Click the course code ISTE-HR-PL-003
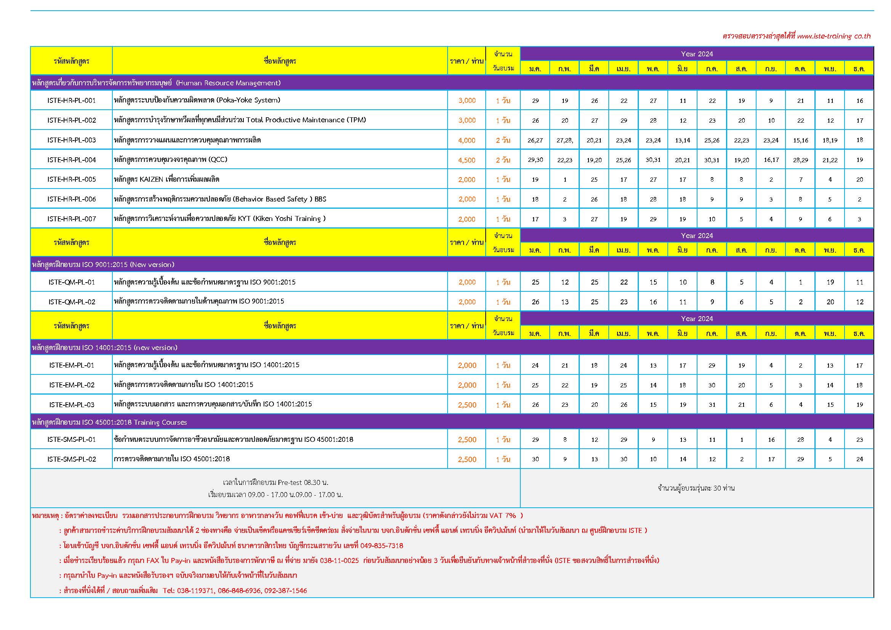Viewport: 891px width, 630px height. [x=71, y=140]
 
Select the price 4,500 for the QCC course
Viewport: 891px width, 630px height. [x=467, y=160]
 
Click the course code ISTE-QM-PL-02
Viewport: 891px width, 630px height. [x=71, y=302]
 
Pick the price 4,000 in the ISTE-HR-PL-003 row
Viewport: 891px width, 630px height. [x=467, y=141]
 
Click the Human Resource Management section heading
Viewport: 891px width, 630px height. [x=156, y=83]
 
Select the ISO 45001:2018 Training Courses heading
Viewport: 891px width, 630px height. [x=109, y=422]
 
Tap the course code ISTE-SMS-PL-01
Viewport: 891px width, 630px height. [x=71, y=440]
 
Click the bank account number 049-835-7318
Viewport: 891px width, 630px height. [x=381, y=546]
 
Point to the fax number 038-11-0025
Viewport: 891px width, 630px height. [x=339, y=561]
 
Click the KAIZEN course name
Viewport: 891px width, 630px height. [x=166, y=179]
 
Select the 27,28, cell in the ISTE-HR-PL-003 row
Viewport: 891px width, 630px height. [x=565, y=141]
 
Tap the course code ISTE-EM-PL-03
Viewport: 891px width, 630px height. [x=71, y=405]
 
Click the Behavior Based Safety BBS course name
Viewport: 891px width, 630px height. [x=220, y=199]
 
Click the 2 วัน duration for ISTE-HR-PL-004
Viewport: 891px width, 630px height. [x=503, y=160]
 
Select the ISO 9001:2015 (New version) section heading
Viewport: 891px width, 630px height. [x=103, y=265]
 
